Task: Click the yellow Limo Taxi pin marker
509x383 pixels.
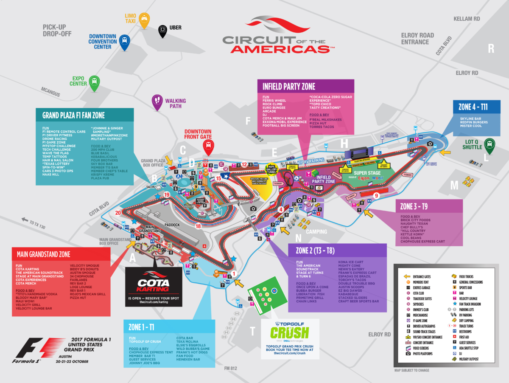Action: pyautogui.click(x=144, y=20)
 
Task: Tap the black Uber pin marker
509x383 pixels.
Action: pyautogui.click(x=162, y=31)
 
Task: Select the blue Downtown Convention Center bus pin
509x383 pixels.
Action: pyautogui.click(x=124, y=42)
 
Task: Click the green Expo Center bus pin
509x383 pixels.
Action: pyautogui.click(x=94, y=82)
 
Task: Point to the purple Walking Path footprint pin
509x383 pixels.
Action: pyautogui.click(x=158, y=101)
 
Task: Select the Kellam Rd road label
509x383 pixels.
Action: pyautogui.click(x=467, y=19)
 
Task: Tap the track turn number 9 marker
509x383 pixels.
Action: pyautogui.click(x=376, y=196)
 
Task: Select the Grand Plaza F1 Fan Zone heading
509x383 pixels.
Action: pyautogui.click(x=73, y=115)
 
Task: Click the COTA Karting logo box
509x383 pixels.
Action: pyautogui.click(x=154, y=283)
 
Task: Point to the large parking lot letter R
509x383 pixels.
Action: pyautogui.click(x=491, y=48)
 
